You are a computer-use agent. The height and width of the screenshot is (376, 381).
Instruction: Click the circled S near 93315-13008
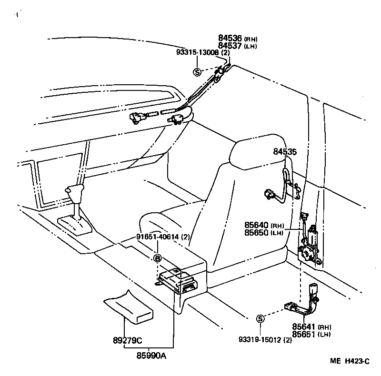point(197,72)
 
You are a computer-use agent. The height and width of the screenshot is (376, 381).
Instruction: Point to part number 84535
point(285,152)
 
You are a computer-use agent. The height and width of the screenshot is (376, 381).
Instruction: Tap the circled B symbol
point(157,258)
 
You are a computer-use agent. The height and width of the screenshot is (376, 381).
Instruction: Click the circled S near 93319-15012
point(260,318)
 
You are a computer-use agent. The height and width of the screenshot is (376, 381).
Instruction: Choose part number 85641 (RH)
point(311,327)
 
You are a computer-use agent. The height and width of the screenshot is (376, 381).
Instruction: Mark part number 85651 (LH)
point(311,335)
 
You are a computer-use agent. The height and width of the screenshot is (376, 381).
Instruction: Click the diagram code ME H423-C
point(350,361)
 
